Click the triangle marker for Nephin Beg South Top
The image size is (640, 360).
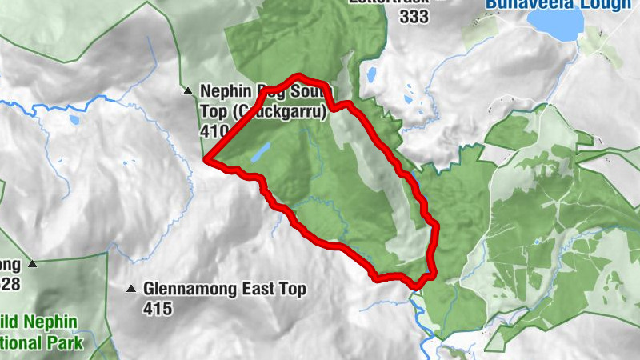tap(188, 91)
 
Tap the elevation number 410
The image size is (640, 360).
tap(213, 129)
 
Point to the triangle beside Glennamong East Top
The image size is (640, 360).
tap(131, 288)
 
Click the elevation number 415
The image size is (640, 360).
tap(158, 307)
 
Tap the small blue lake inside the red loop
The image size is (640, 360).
tap(260, 152)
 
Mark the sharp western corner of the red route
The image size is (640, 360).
tap(207, 161)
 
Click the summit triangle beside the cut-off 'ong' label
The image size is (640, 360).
tap(32, 263)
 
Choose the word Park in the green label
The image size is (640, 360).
tap(64, 343)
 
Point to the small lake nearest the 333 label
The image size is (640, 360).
tap(371, 76)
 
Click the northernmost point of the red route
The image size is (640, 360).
tap(301, 78)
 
